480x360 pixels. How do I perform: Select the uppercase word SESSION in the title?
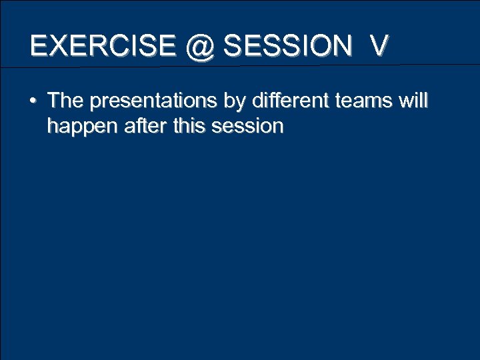point(287,45)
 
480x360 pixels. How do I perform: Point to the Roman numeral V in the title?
point(379,45)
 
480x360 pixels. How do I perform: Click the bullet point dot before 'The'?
point(33,102)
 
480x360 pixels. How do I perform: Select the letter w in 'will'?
point(404,101)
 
